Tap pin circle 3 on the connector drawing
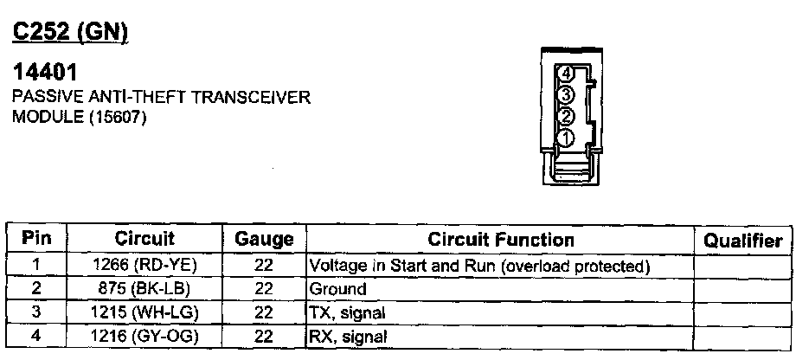point(565,95)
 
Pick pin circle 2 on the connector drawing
point(565,117)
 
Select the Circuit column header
point(144,239)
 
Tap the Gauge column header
point(264,240)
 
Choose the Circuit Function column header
point(501,240)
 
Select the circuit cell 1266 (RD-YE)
point(144,266)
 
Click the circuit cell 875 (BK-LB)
point(144,288)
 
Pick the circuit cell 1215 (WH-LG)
point(144,312)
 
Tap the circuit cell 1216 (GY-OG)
point(144,335)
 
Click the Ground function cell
point(338,289)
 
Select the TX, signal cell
point(347,312)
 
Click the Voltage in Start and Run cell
point(478,266)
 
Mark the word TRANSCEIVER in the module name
point(251,98)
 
